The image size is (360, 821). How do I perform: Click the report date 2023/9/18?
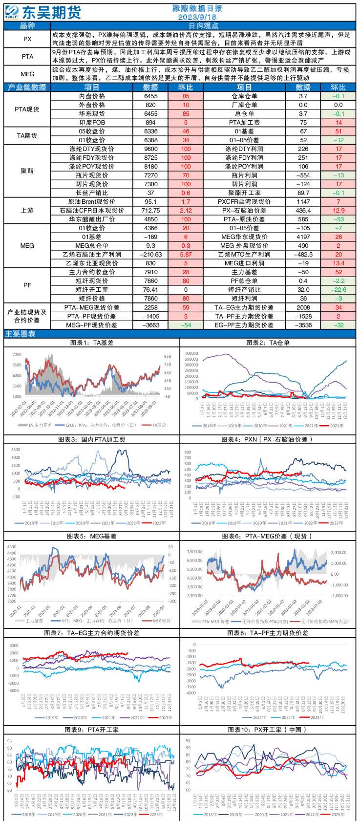click(197, 17)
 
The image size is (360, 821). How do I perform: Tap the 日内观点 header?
click(203, 26)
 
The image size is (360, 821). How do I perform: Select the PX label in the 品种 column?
click(27, 39)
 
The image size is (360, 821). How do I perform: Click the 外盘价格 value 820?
click(150, 105)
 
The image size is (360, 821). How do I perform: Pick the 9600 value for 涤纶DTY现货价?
click(150, 149)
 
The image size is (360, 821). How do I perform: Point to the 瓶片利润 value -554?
click(303, 175)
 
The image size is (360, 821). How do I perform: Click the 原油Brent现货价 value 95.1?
click(150, 202)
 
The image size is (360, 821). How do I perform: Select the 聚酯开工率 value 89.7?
click(303, 193)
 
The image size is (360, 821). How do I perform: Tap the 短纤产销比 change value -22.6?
click(338, 290)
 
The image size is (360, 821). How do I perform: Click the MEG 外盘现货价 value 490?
click(303, 246)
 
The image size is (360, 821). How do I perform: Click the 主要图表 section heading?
click(21, 334)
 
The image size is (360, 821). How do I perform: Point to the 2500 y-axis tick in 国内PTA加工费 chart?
click(15, 450)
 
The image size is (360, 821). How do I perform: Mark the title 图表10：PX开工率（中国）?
click(267, 730)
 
